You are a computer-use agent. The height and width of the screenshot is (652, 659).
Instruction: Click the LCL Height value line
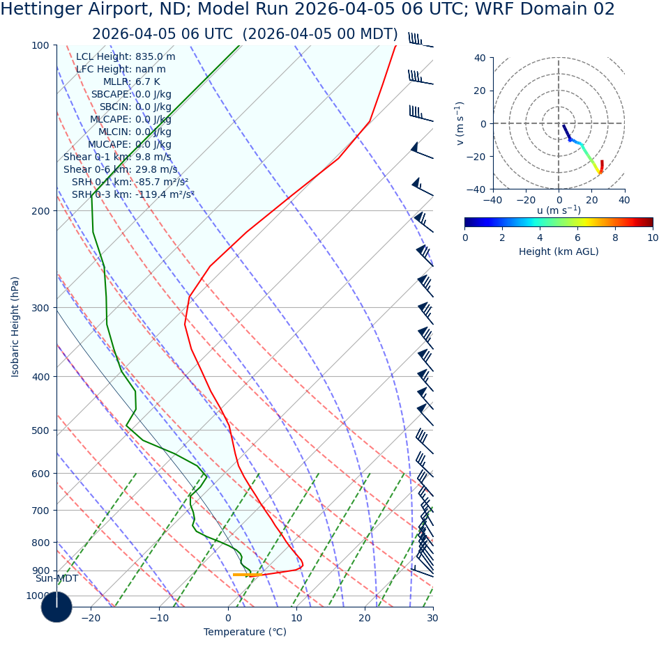coord(126,57)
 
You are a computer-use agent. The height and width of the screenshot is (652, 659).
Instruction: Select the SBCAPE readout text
coord(131,95)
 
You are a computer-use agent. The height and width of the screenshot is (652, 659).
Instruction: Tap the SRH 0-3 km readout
coord(132,195)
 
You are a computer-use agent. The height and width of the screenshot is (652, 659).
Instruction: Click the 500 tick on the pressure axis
coord(40,430)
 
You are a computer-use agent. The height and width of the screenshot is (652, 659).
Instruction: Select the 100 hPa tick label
coord(40,45)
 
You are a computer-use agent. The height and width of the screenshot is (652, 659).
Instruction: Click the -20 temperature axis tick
coord(91,618)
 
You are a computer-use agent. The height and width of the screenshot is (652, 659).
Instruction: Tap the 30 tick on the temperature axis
coord(432,618)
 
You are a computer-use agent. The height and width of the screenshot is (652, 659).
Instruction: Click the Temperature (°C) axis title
coord(245,632)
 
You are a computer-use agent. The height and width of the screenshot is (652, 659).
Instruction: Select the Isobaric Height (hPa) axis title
coord(16,326)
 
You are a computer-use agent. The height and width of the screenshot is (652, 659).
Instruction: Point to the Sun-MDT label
coord(56,579)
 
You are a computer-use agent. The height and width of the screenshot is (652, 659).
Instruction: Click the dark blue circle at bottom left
coord(56,607)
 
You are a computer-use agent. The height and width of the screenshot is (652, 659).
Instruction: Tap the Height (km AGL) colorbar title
coord(558,252)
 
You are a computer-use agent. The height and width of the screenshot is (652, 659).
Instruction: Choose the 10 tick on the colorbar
coord(652,238)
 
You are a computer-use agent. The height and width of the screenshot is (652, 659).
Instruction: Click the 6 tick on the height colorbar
coord(577,238)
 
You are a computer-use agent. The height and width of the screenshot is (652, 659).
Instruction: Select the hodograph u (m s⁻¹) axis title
coord(558,210)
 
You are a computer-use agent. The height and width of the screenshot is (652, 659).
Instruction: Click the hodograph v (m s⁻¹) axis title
coord(460,123)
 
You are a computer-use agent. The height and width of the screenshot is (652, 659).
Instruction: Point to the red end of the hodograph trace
coord(602,162)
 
